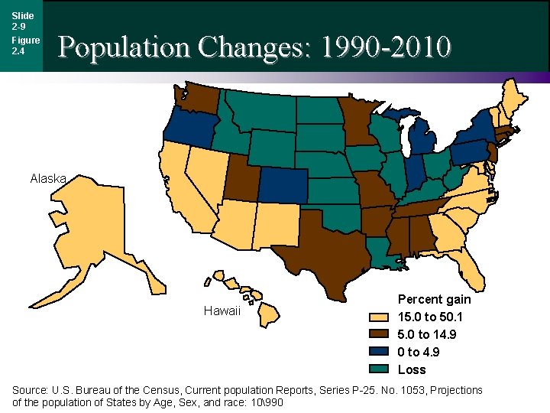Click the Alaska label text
click(49, 179)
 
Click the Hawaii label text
click(222, 311)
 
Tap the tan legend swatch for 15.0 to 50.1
click(379, 317)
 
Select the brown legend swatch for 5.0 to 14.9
click(379, 334)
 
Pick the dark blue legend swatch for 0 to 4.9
click(379, 352)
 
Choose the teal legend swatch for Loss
click(379, 369)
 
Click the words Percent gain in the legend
click(434, 299)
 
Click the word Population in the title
click(125, 47)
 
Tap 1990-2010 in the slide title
click(386, 47)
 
